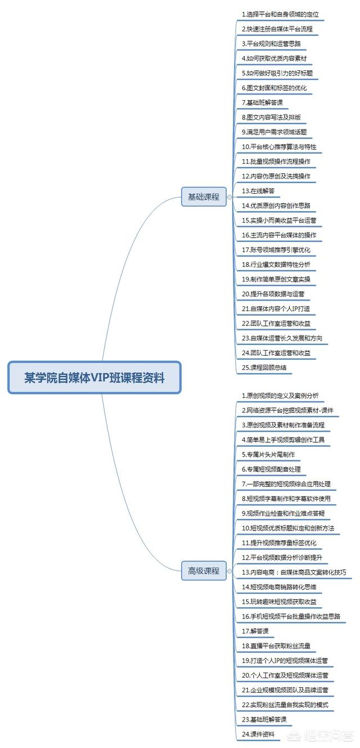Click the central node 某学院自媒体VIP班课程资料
[94, 377]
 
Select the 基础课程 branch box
[204, 196]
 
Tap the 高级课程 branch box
[204, 571]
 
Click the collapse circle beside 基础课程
[229, 197]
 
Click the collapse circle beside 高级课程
[229, 571]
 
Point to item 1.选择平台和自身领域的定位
[280, 15]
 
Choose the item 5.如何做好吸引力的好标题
[277, 73]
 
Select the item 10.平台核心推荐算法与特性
[279, 146]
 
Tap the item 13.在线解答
[258, 191]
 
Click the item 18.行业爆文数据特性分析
[276, 265]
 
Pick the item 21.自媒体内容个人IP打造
[276, 308]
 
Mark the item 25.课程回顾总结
[264, 368]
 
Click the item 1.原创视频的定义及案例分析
[280, 396]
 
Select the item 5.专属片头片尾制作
[268, 454]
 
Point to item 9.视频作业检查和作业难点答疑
[283, 513]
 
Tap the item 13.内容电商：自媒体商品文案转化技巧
[294, 572]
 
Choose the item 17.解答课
[255, 631]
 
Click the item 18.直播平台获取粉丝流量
[276, 646]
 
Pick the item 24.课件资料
[258, 734]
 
